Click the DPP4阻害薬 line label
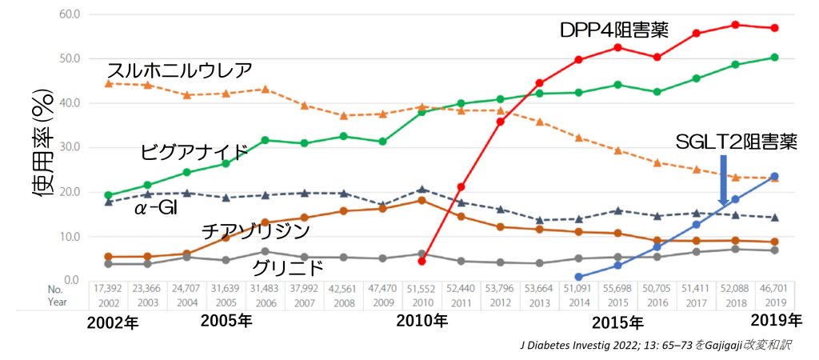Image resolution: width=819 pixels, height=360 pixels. (x=614, y=31)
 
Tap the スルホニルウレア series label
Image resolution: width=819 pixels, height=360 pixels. (x=179, y=70)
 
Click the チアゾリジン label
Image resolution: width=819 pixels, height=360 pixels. (x=255, y=231)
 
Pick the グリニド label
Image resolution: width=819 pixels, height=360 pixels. (x=288, y=266)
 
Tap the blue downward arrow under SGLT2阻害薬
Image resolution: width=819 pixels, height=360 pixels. (x=723, y=180)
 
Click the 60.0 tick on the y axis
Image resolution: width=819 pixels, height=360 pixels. (x=70, y=14)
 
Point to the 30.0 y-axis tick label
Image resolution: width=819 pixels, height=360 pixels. (x=70, y=147)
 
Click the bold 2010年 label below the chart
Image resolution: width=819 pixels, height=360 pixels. (x=422, y=321)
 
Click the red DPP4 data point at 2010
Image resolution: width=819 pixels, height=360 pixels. (x=422, y=261)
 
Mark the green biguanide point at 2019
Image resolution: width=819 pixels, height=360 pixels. (x=774, y=58)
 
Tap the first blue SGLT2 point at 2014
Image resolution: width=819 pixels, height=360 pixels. (x=578, y=277)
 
